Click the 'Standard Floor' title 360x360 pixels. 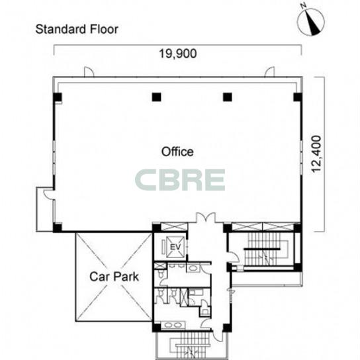point(77,29)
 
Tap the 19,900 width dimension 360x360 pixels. point(178,54)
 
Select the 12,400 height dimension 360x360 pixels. point(316,154)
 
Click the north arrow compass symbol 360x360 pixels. point(311,21)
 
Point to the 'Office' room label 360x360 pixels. point(177,152)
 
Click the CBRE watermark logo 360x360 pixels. point(180,180)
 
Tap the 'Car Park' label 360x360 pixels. point(114,277)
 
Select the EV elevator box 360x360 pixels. point(175,247)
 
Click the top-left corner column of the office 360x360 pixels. point(58,97)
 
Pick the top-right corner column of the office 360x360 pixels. point(298,97)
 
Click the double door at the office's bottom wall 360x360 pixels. point(206,218)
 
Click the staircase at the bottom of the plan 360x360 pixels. point(193,345)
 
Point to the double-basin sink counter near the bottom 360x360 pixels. point(173,325)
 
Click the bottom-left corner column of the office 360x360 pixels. point(58,227)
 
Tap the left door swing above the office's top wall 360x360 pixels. point(89,71)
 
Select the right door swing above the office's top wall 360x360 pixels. point(269,71)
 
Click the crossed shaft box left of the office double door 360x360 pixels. point(174,226)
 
